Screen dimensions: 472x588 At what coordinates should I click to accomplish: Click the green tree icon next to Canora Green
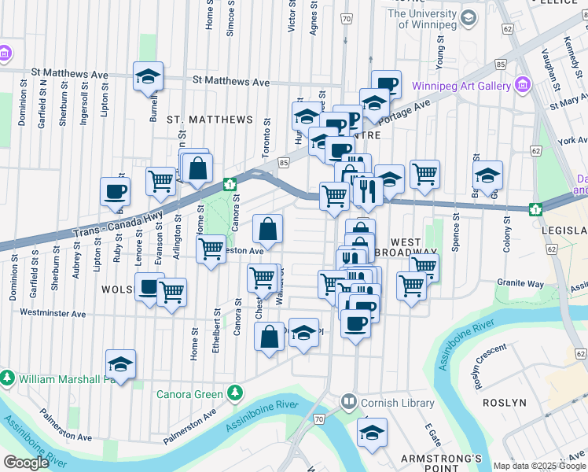pyautogui.click(x=233, y=393)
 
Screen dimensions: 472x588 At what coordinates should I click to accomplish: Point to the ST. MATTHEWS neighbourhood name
pyautogui.click(x=210, y=120)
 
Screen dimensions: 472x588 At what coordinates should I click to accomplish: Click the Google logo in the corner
pyautogui.click(x=26, y=462)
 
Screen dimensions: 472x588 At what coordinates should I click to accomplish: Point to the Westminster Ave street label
pyautogui.click(x=53, y=313)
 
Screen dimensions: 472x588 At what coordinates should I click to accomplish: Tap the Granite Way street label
pyautogui.click(x=520, y=283)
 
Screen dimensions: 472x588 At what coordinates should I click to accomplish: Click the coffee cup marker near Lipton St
pyautogui.click(x=115, y=190)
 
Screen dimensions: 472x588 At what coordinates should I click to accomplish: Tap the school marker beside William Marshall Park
pyautogui.click(x=120, y=363)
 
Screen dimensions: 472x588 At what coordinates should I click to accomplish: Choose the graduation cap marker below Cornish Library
pyautogui.click(x=372, y=432)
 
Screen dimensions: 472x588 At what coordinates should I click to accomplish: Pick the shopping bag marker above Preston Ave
pyautogui.click(x=268, y=229)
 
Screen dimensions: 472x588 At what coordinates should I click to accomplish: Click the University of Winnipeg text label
pyautogui.click(x=432, y=18)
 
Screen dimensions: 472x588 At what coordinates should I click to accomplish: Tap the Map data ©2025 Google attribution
pyautogui.click(x=539, y=466)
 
